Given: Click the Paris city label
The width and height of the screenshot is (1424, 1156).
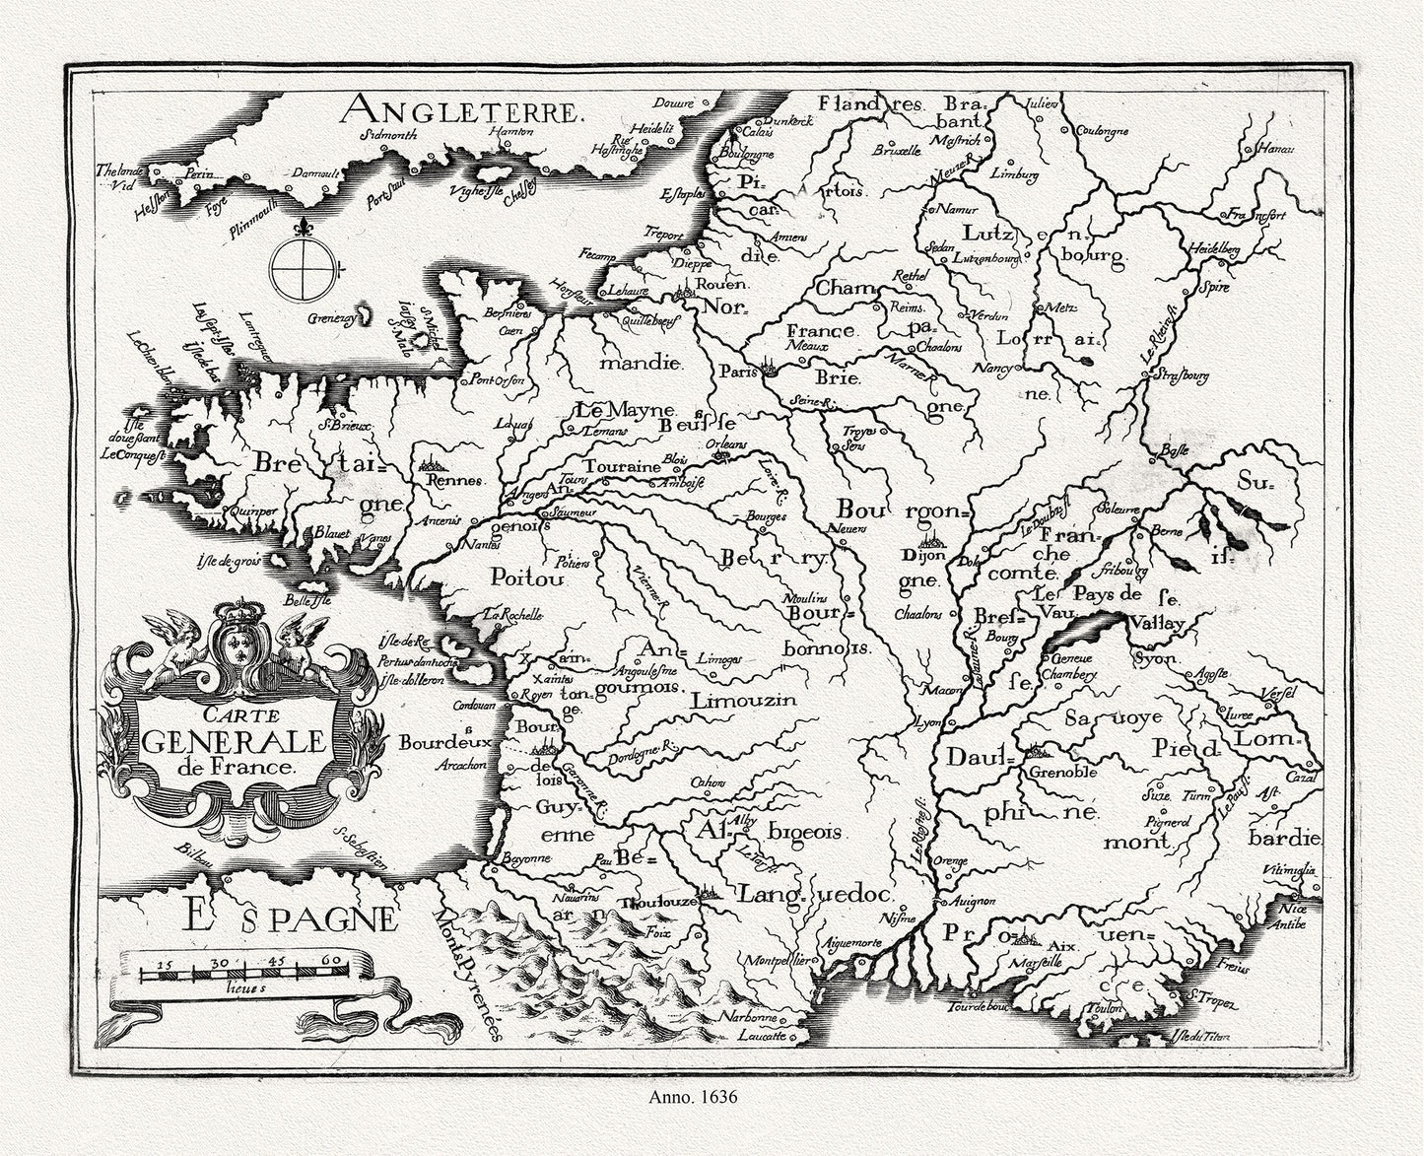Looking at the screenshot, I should (x=735, y=373).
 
